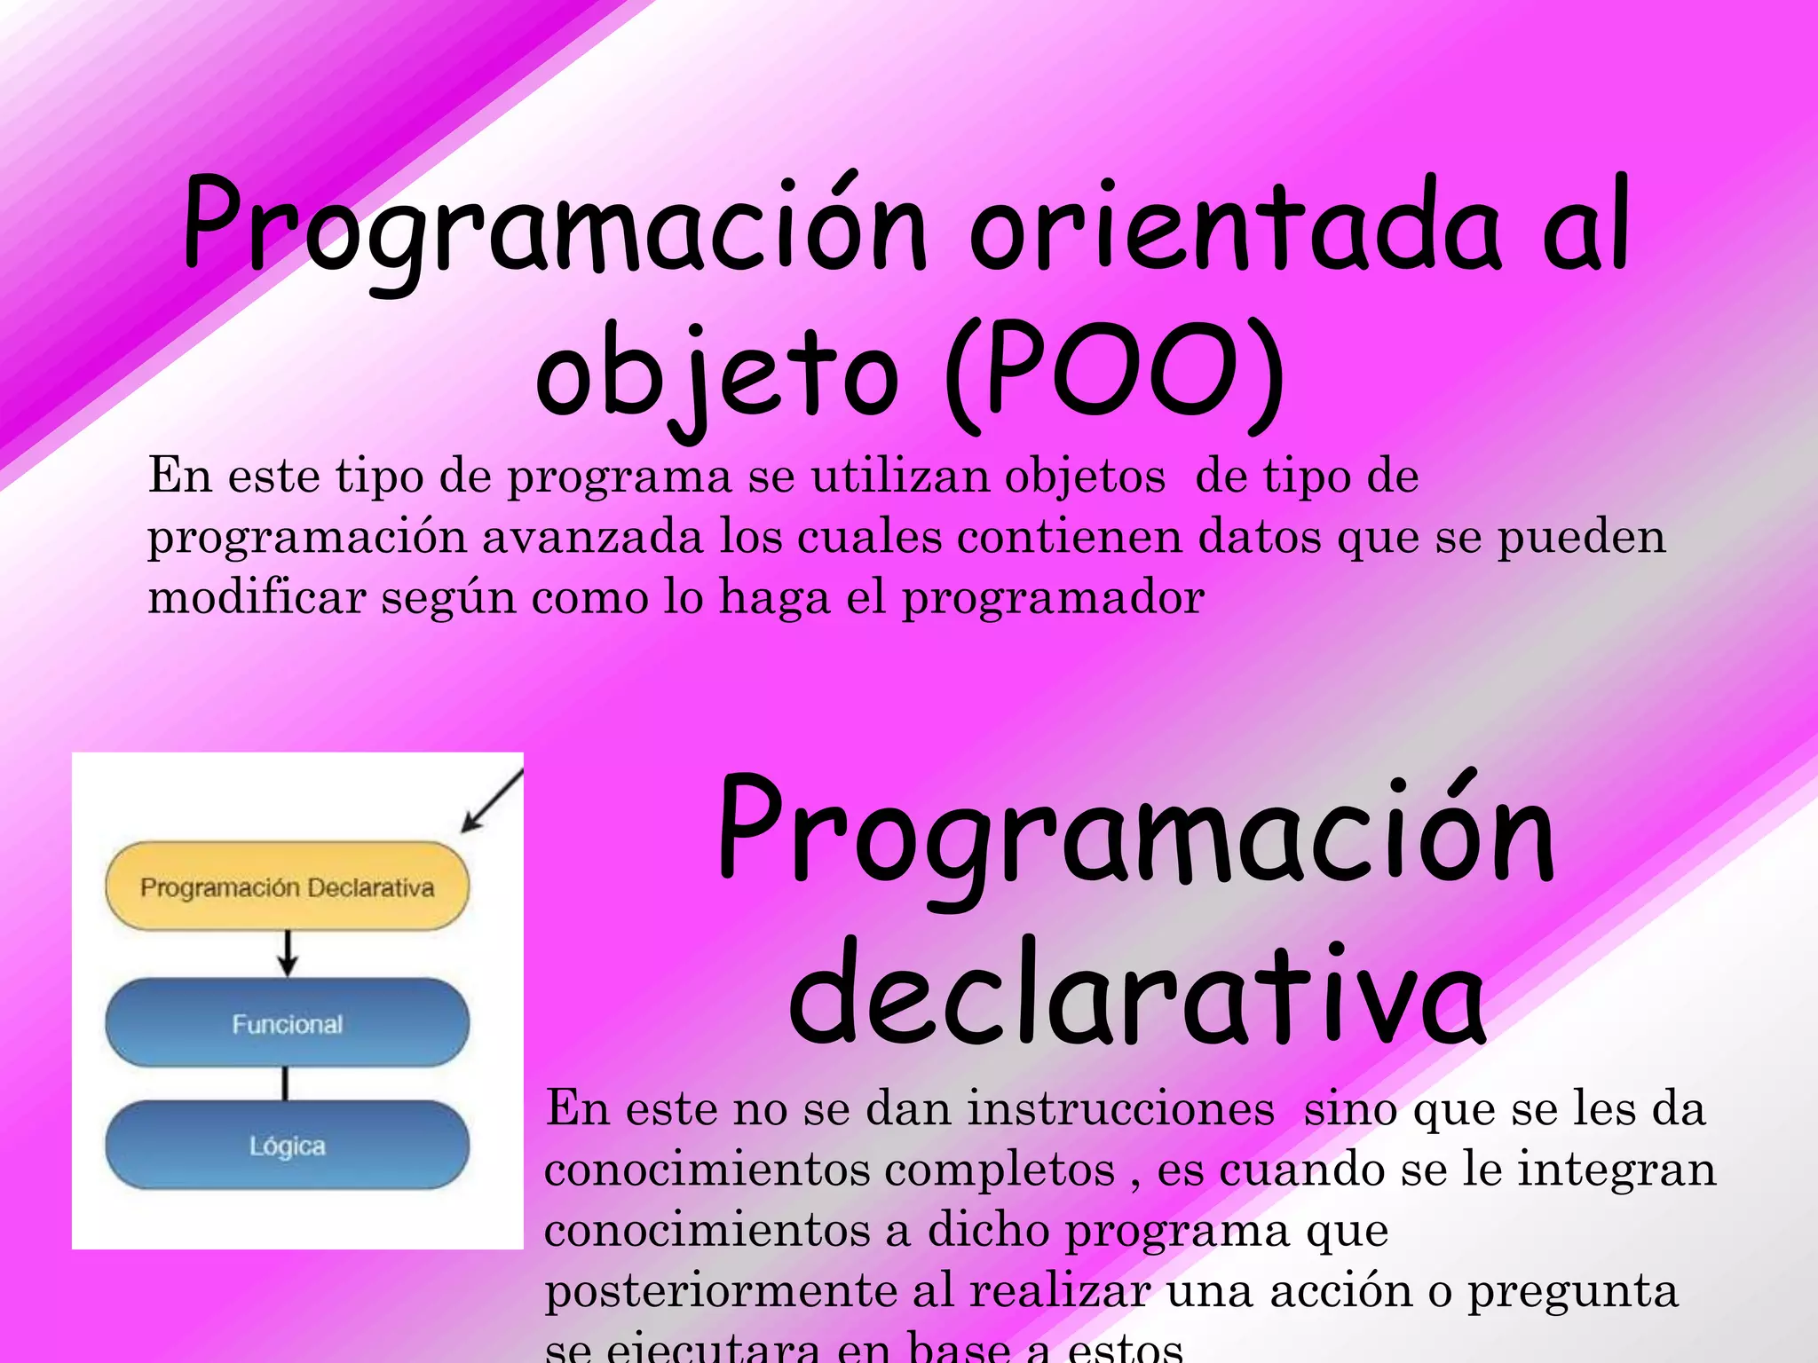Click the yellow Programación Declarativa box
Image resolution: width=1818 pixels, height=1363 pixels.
tap(287, 886)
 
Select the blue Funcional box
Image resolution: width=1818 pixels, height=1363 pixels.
tap(287, 1023)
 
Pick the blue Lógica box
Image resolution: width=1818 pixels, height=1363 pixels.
tap(287, 1146)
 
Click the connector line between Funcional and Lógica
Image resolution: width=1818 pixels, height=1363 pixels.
tap(285, 1083)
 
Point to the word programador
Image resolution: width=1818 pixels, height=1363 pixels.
tap(1053, 597)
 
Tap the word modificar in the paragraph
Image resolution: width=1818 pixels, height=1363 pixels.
tap(257, 597)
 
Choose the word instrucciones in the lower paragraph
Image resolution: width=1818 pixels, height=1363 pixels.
tap(1120, 1109)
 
